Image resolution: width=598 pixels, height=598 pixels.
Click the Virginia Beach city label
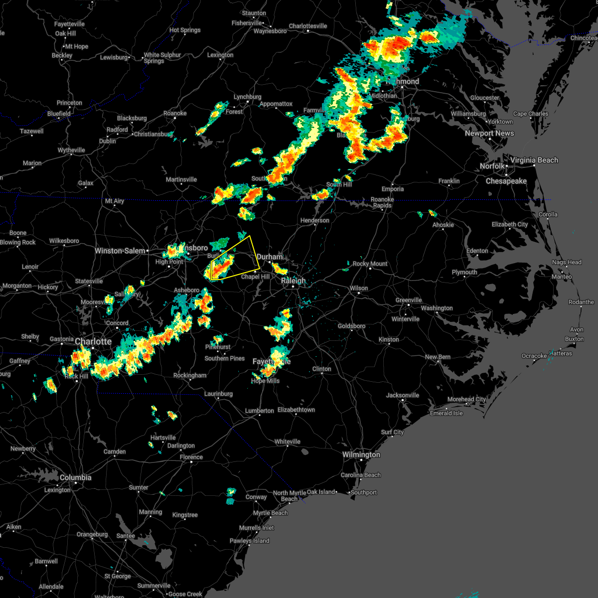click(x=534, y=160)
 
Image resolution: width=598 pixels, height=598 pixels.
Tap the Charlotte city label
click(x=93, y=341)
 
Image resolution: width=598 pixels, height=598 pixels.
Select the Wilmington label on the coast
click(x=361, y=454)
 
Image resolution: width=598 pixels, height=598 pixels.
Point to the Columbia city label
click(x=75, y=477)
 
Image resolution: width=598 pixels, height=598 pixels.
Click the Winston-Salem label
click(x=120, y=251)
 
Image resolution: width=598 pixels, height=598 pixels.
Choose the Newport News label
click(x=489, y=133)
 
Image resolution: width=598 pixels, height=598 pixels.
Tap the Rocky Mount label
click(x=370, y=264)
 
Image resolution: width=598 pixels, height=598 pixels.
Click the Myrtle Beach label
click(x=270, y=513)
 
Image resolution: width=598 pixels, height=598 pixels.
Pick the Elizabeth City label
click(x=509, y=224)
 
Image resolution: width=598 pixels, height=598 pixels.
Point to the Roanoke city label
click(x=175, y=113)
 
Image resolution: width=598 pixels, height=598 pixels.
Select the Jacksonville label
click(x=402, y=395)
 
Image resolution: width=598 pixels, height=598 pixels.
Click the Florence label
click(x=191, y=457)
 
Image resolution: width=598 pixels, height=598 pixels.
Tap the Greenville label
click(x=409, y=300)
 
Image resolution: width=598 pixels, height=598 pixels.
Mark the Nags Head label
click(x=567, y=262)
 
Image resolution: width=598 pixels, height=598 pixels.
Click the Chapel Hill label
click(x=255, y=277)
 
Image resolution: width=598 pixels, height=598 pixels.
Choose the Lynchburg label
click(x=247, y=97)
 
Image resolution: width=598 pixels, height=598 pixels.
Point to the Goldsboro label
click(x=351, y=326)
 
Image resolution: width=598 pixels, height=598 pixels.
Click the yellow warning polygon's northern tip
click(x=250, y=236)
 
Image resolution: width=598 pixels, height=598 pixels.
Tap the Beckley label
click(x=62, y=55)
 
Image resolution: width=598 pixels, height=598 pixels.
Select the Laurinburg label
click(x=218, y=394)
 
